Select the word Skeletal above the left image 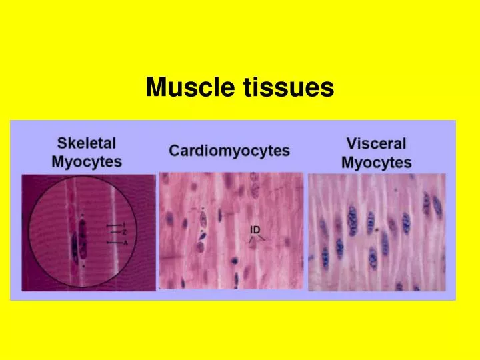[87, 143]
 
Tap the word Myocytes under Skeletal [87, 161]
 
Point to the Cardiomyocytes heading [229, 150]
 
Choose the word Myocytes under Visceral [376, 162]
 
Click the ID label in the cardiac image [255, 229]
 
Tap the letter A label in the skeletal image [125, 243]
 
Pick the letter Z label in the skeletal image [125, 232]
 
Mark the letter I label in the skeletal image [124, 225]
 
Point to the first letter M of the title [155, 87]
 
